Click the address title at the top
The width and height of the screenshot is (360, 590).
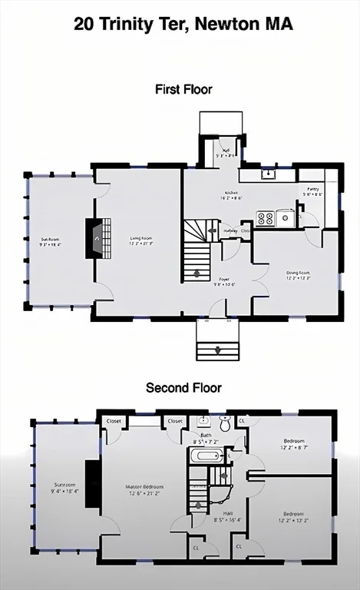click(x=183, y=25)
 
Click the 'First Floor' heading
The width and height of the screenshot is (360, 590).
click(x=183, y=89)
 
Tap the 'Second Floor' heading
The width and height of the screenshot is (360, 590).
click(x=183, y=388)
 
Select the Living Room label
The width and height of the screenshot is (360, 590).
click(x=141, y=241)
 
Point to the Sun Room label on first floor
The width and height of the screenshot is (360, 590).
click(x=51, y=242)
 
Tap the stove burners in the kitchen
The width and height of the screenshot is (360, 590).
click(x=266, y=218)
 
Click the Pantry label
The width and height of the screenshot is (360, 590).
click(x=312, y=191)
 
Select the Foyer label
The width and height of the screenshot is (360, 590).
click(x=224, y=281)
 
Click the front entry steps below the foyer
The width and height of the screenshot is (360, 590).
click(x=219, y=340)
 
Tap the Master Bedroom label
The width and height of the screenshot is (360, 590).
click(x=145, y=489)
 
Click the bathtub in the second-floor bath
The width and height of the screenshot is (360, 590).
click(x=206, y=456)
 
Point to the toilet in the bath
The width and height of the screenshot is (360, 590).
click(x=225, y=422)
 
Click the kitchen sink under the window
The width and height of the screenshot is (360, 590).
click(x=268, y=174)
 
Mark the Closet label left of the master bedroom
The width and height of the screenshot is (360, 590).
click(x=114, y=421)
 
